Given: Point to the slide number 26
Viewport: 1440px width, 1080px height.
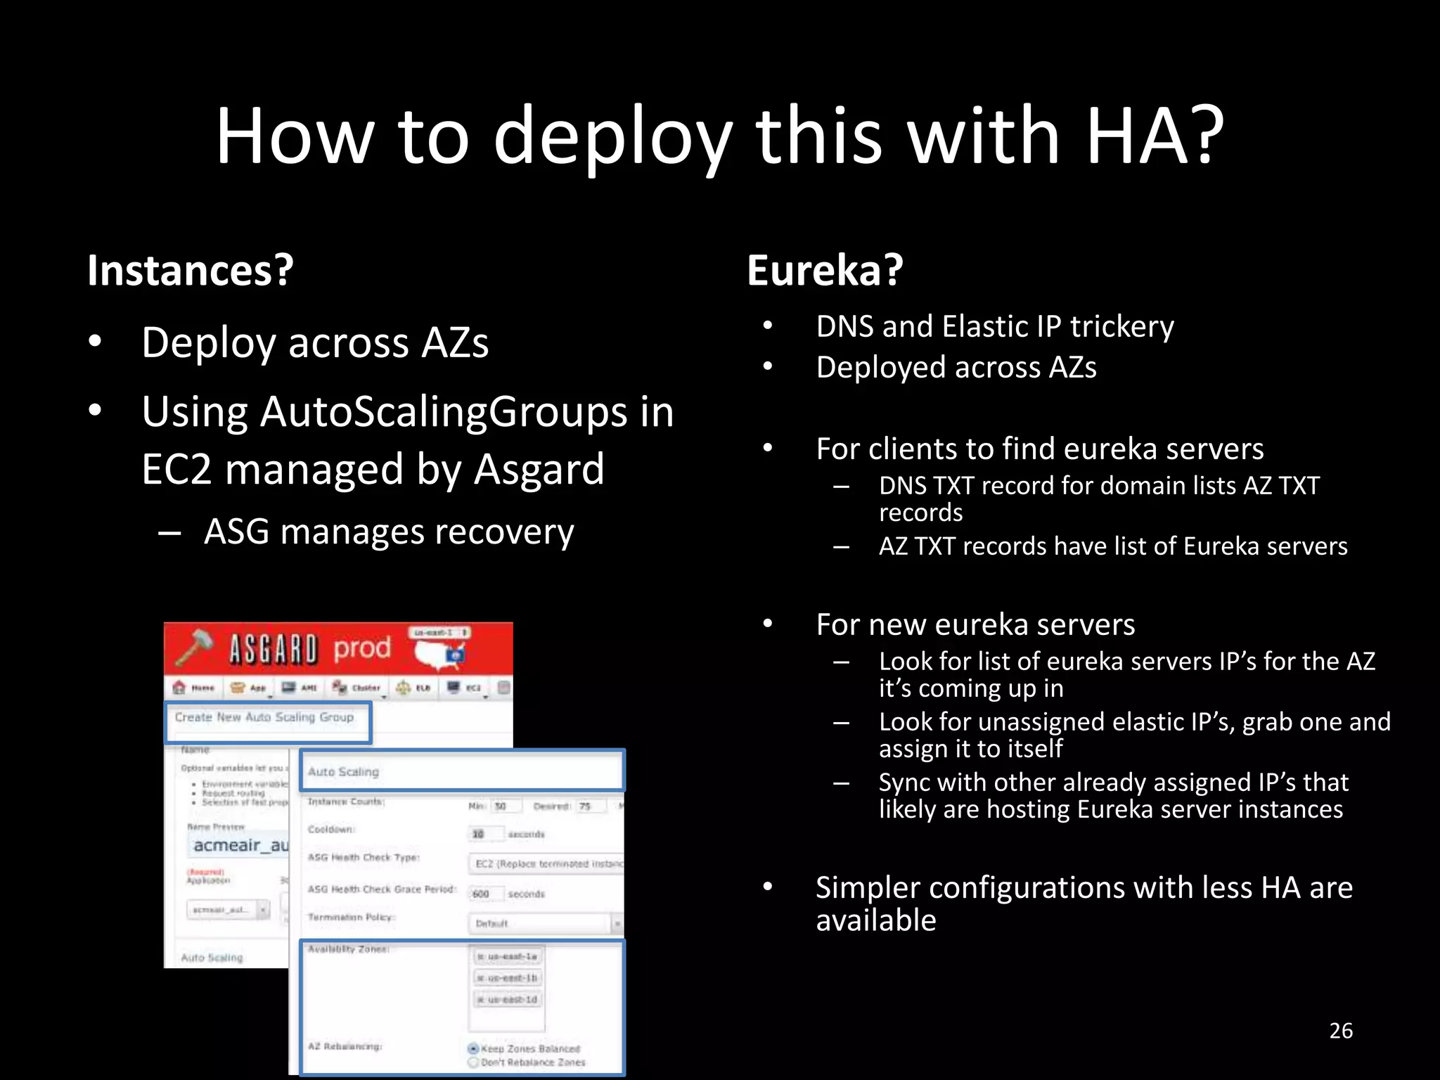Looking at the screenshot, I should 1340,1031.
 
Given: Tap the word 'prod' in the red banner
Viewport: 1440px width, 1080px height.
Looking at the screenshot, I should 361,648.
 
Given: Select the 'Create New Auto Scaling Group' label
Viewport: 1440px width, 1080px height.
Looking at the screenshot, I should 264,717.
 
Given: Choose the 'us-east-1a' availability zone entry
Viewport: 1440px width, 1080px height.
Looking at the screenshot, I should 508,956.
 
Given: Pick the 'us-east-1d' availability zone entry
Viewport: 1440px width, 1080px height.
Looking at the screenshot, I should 508,999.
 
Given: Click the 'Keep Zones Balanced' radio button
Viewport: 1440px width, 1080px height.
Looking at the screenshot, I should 473,1048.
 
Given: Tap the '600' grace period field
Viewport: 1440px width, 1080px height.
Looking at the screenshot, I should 482,894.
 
